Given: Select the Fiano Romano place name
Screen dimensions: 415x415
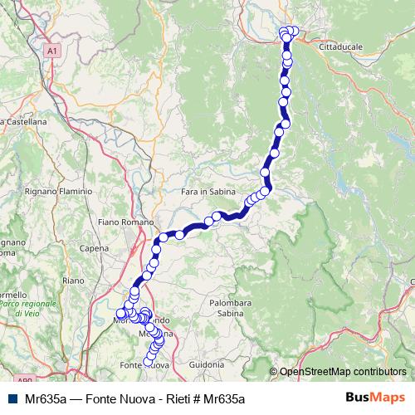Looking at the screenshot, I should [125, 222].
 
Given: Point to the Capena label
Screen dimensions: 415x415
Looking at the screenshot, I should [95, 247].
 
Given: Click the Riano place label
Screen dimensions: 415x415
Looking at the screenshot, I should [74, 281].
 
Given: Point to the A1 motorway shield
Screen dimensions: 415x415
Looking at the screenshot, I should [53, 51].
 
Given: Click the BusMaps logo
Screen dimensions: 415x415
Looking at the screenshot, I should [374, 398].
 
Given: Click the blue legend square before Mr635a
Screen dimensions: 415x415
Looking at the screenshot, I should [12, 399].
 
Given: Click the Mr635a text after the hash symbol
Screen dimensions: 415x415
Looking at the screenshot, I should [226, 399].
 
